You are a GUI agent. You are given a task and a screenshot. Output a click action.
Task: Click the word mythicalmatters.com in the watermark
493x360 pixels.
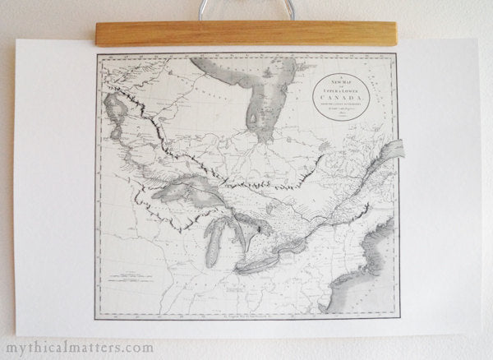tap(78, 347)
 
